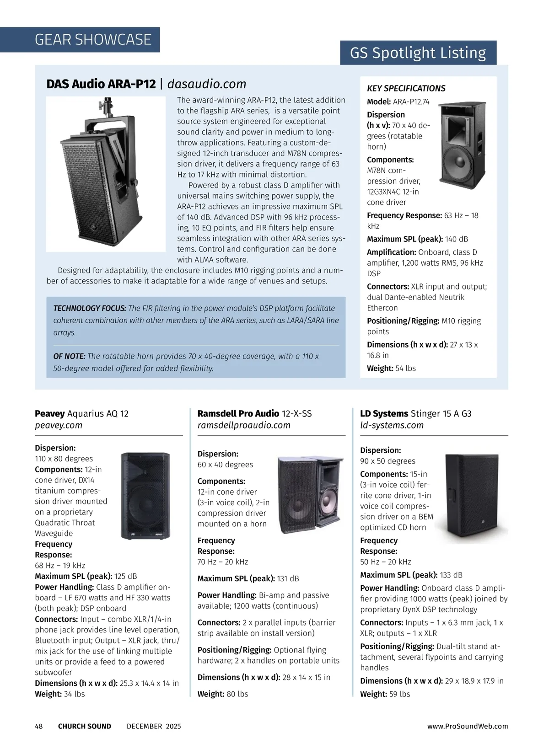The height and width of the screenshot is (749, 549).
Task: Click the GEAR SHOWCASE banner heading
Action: [93, 40]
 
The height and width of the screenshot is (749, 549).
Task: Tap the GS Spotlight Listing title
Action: [418, 53]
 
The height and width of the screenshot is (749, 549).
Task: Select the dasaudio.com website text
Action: [207, 84]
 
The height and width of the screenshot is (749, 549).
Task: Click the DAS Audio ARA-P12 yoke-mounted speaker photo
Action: [105, 174]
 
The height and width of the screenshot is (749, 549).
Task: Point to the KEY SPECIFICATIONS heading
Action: [406, 88]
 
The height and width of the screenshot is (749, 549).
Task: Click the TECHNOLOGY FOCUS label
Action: [90, 308]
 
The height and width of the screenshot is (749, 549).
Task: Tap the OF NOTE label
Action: [69, 356]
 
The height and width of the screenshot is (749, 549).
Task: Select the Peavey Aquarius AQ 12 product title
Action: [81, 414]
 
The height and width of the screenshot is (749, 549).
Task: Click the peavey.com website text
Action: [59, 425]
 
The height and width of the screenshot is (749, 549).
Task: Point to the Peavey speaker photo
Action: [145, 496]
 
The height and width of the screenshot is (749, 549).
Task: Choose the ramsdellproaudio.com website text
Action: [244, 425]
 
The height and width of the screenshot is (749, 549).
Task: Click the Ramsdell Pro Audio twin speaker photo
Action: [310, 493]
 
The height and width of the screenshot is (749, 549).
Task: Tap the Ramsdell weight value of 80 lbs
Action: [237, 694]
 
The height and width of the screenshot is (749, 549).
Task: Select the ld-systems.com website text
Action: [392, 425]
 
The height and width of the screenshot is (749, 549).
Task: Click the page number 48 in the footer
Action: [39, 726]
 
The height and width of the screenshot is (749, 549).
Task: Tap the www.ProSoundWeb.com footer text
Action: [468, 726]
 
